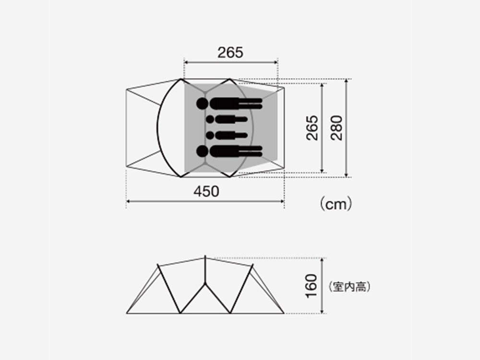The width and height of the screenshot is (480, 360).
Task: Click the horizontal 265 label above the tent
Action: (230, 52)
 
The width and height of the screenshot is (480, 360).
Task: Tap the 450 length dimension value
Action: (206, 191)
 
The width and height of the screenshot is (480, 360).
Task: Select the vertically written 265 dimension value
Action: (312, 127)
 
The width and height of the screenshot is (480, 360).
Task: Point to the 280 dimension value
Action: (337, 127)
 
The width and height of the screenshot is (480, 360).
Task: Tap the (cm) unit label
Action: (336, 204)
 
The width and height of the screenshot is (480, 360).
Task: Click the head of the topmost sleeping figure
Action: (203, 103)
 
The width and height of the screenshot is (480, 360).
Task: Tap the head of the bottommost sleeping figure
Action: (203, 152)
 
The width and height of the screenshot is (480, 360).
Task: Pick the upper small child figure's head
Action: (210, 119)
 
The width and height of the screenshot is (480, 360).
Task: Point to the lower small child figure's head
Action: (210, 135)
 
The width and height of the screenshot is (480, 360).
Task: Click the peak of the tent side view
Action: (205, 258)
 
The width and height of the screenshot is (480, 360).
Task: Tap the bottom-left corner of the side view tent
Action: (127, 313)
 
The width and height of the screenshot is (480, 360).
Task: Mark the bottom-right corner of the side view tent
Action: (284, 313)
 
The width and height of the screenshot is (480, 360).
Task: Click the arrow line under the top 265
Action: (231, 62)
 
